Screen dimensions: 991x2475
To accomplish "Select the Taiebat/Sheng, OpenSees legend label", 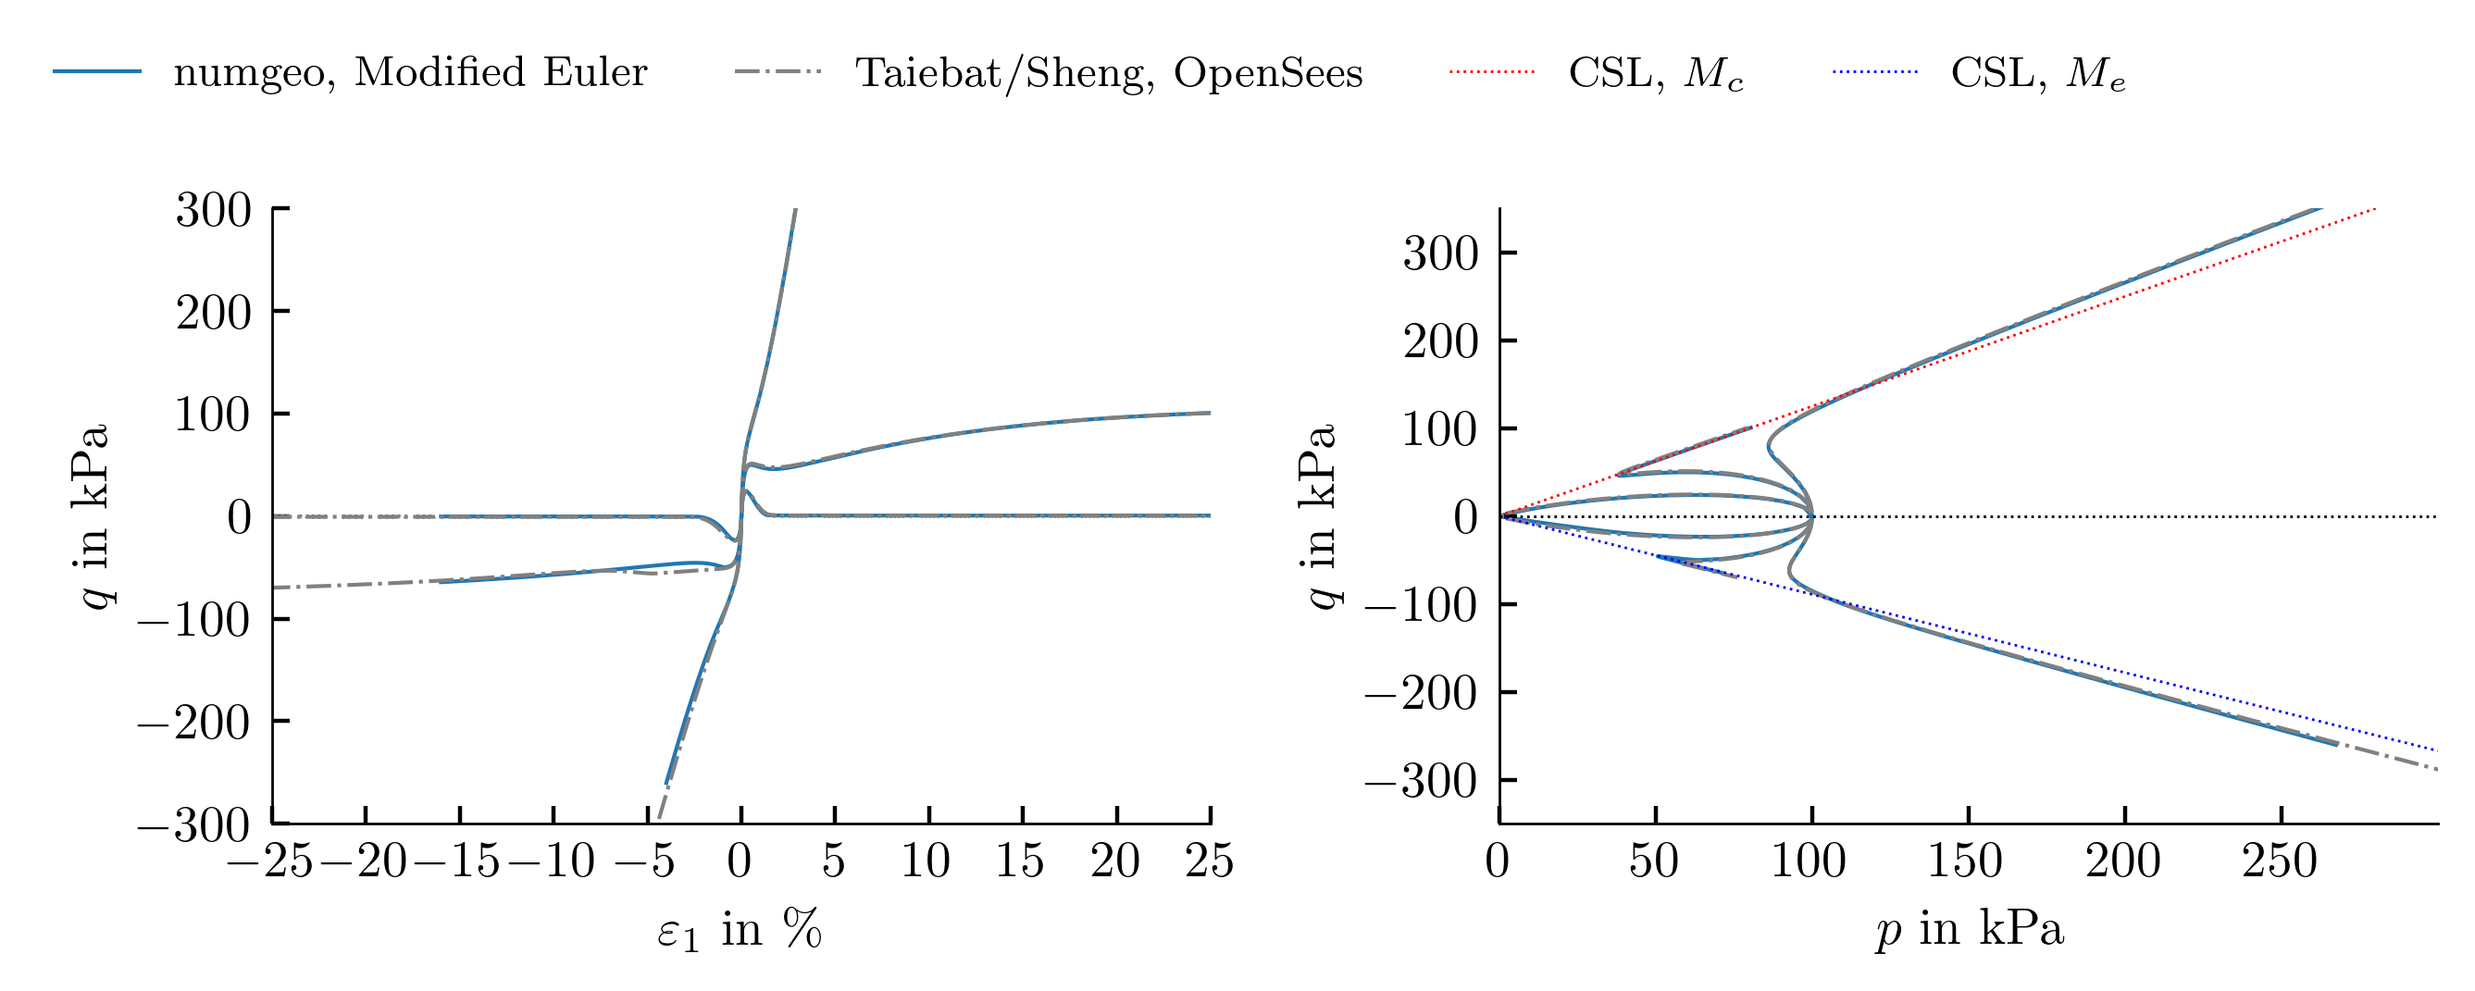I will pos(1109,73).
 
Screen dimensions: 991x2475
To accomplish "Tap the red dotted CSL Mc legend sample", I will pos(1492,72).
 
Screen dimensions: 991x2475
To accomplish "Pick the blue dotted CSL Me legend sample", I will pos(1874,72).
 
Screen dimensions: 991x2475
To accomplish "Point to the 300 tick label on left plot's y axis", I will pos(213,209).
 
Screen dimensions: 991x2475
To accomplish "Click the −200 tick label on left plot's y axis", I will pos(194,722).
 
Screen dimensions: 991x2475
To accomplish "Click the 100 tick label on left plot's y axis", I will pos(213,414).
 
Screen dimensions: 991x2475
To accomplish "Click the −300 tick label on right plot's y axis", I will pos(1422,782).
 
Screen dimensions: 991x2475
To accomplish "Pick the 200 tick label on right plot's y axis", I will pos(1440,341).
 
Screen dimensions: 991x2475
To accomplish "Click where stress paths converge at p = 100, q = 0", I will pos(1812,516).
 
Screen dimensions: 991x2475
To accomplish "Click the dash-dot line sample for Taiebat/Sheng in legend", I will pos(778,72).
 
